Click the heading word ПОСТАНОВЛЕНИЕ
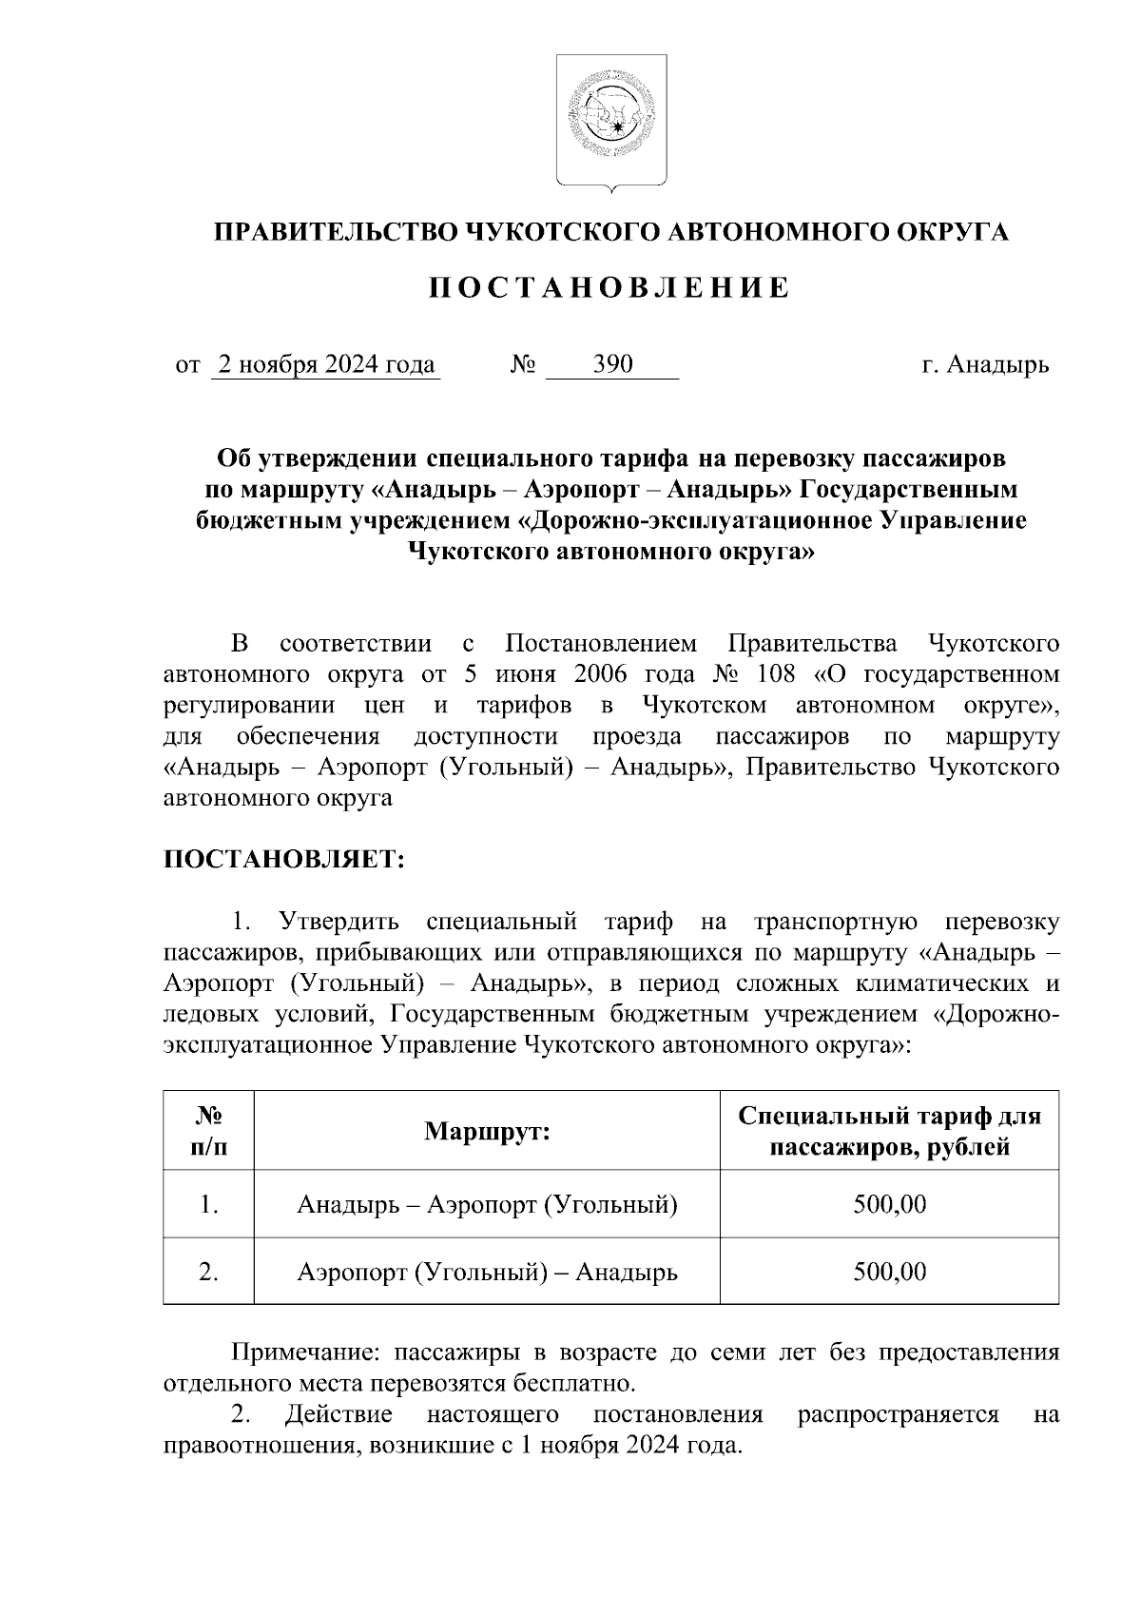point(609,288)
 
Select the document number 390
point(612,365)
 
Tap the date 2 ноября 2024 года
point(326,365)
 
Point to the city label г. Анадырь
point(985,365)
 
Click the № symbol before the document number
point(524,365)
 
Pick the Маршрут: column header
point(487,1132)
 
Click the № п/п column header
point(209,1131)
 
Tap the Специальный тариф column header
point(889,1131)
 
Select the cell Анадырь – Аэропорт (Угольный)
point(487,1205)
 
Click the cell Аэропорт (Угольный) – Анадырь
point(487,1272)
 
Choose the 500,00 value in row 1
point(889,1205)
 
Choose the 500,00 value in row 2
point(889,1272)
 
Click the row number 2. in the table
point(209,1272)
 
